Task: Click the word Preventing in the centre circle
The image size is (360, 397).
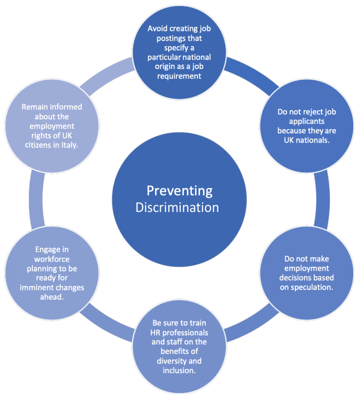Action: point(180,191)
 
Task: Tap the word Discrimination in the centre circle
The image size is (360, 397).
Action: point(177,208)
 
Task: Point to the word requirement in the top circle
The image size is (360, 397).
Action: point(179,76)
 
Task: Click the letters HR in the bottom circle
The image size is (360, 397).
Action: point(155,332)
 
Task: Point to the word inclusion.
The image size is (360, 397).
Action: point(179,371)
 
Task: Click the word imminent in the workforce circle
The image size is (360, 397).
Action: point(36,288)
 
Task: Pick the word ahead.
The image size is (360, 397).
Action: point(52,297)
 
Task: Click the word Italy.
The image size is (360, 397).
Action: point(69,145)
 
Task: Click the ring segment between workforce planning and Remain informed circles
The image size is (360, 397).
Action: point(36,200)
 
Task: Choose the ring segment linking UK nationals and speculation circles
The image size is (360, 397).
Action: point(323,200)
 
